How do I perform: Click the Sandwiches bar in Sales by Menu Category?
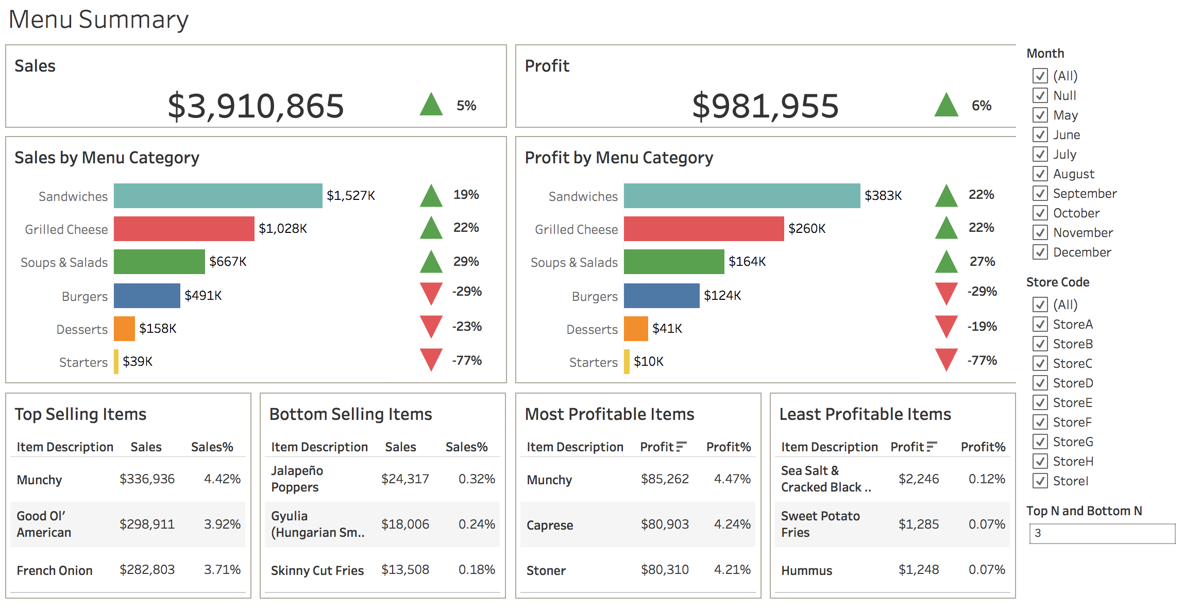(x=218, y=196)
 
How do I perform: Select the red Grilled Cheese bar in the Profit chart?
(x=703, y=229)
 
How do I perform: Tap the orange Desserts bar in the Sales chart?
(x=124, y=329)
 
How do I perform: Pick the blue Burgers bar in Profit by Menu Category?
(x=661, y=296)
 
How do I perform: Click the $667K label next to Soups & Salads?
(x=228, y=262)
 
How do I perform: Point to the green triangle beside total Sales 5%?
(x=431, y=105)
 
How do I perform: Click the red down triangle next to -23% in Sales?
(x=431, y=326)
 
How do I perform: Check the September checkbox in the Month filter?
(x=1040, y=194)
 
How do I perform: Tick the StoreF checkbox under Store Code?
(x=1040, y=422)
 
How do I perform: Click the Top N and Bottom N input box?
(x=1102, y=533)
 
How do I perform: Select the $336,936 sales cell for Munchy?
(x=147, y=479)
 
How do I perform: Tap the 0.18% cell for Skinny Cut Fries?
(x=476, y=570)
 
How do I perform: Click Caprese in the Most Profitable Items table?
(x=549, y=525)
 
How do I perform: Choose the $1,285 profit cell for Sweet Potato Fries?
(x=918, y=524)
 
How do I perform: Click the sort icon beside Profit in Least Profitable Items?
(x=932, y=447)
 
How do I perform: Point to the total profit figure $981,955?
(x=765, y=106)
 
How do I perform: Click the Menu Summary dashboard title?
(x=98, y=20)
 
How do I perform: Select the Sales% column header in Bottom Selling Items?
(x=466, y=447)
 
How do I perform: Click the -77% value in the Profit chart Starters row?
(x=982, y=361)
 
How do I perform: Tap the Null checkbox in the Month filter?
(x=1040, y=96)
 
